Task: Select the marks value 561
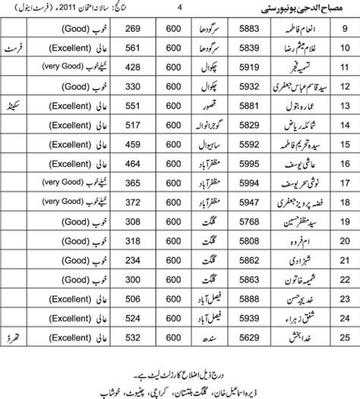pyautogui.click(x=134, y=48)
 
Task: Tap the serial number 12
pyautogui.click(x=344, y=86)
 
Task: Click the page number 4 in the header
pyautogui.click(x=180, y=8)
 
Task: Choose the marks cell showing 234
pyautogui.click(x=134, y=258)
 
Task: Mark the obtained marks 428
pyautogui.click(x=134, y=67)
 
